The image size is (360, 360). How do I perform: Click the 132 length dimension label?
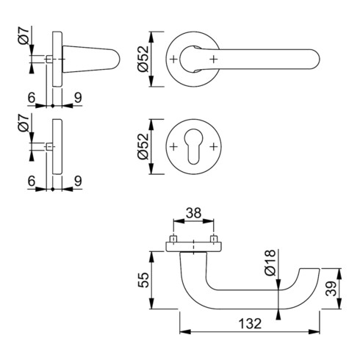coord(250,323)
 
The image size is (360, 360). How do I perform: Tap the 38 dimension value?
coord(193,213)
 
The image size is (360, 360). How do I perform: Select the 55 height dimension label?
coord(143,280)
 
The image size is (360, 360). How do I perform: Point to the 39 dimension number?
coord(331,289)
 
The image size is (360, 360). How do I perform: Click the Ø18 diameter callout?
coord(270,263)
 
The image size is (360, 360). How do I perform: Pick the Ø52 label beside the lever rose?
coord(143,59)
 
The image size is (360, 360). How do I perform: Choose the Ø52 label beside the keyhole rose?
coord(143,146)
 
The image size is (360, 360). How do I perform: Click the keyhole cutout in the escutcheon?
coord(193,146)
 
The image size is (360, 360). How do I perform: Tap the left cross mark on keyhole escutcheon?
coord(173,147)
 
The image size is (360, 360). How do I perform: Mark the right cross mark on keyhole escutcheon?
coord(214,147)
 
